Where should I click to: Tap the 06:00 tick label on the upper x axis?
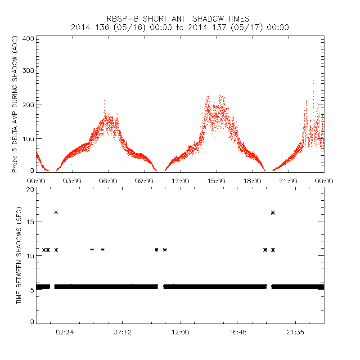(x=108, y=180)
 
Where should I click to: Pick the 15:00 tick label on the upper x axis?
(x=216, y=180)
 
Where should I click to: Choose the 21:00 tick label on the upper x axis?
(x=288, y=180)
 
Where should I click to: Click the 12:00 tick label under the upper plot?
(x=180, y=180)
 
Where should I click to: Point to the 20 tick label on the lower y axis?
(x=30, y=189)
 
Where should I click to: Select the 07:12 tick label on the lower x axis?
(x=122, y=332)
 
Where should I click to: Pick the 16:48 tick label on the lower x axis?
(x=238, y=332)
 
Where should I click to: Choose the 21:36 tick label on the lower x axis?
(x=295, y=332)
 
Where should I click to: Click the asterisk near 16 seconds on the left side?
(x=56, y=212)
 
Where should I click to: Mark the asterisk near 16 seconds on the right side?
(x=273, y=212)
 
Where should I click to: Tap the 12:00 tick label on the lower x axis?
(x=180, y=332)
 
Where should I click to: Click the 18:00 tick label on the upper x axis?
(x=252, y=180)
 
